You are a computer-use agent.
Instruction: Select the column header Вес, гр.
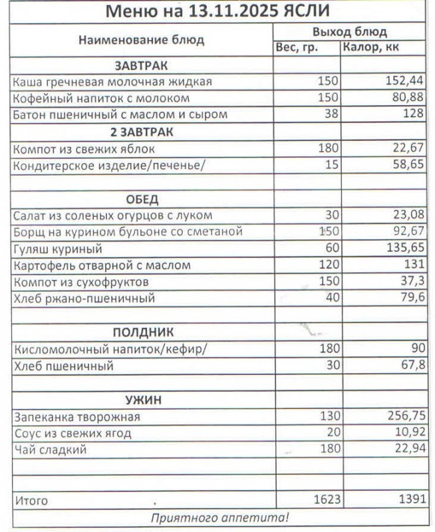(297, 47)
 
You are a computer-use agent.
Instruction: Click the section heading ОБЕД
(142, 199)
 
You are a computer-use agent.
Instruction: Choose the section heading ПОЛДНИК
(142, 332)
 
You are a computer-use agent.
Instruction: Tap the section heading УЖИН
(143, 400)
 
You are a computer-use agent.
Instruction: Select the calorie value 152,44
(404, 82)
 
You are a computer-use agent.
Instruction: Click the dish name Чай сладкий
(50, 450)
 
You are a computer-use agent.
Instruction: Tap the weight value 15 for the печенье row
(331, 165)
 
